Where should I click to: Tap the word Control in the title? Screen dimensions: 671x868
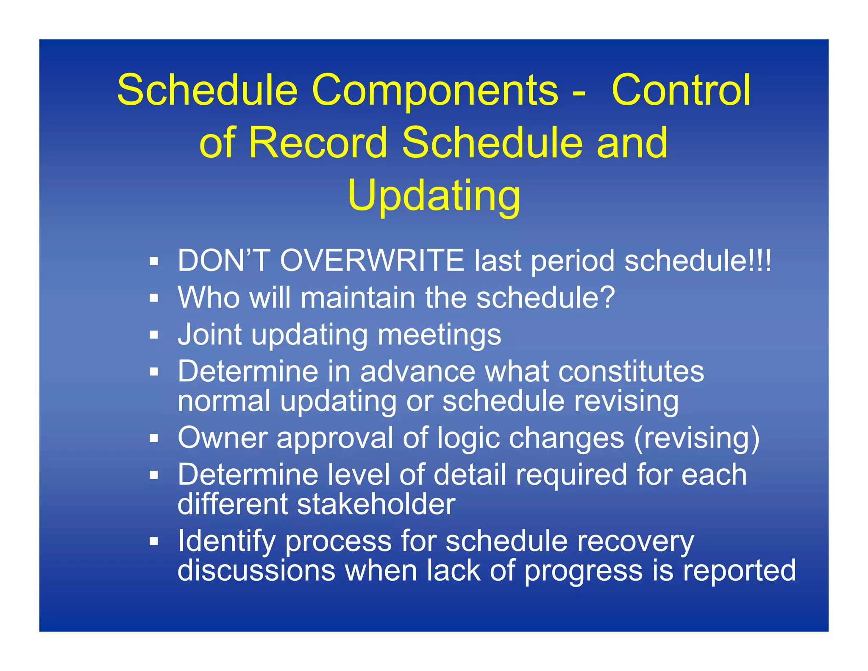pos(681,90)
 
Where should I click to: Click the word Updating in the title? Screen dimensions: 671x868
pos(434,196)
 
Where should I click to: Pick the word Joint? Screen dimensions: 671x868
pos(209,334)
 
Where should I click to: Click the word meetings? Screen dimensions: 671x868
pos(439,335)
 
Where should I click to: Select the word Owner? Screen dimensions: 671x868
pos(222,437)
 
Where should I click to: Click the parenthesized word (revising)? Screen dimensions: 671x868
pos(697,438)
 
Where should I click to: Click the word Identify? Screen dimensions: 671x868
pos(226,541)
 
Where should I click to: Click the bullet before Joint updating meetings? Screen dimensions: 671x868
pos(154,335)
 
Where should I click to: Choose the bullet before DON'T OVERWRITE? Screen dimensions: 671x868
pos(154,261)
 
